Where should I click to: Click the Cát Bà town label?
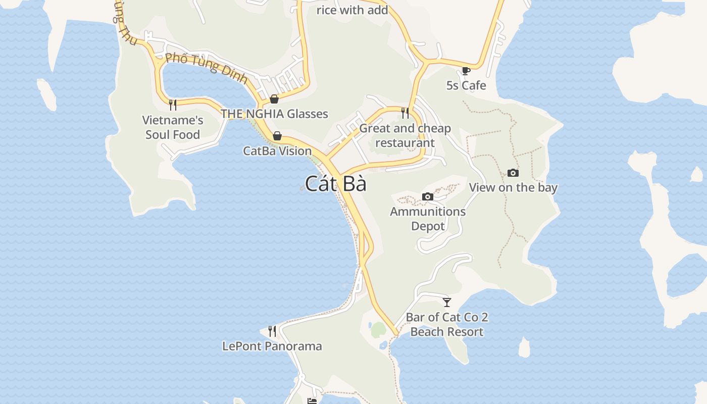tap(336, 184)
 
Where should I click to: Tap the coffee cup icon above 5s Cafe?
tap(466, 71)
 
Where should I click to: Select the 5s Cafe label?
tap(466, 85)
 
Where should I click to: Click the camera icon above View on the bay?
tap(513, 173)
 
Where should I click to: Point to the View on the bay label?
tap(513, 187)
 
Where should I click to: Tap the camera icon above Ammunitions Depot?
tap(427, 197)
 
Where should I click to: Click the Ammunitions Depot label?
tap(427, 219)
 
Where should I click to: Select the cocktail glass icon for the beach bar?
tap(446, 302)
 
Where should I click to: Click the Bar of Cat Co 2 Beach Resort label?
tap(447, 324)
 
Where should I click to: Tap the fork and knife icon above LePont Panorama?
tap(272, 331)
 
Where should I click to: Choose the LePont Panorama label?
tap(272, 346)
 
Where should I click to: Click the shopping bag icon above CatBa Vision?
tap(277, 136)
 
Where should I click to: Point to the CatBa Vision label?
tap(277, 150)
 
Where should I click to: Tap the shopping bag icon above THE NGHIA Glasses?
tap(274, 99)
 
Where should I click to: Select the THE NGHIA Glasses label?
tap(274, 114)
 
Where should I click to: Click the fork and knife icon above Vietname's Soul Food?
tap(173, 105)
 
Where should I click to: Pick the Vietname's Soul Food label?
tap(173, 127)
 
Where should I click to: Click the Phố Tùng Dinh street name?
tap(206, 67)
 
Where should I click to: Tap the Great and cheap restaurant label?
tap(405, 135)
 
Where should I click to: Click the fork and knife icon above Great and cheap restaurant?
tap(405, 113)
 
